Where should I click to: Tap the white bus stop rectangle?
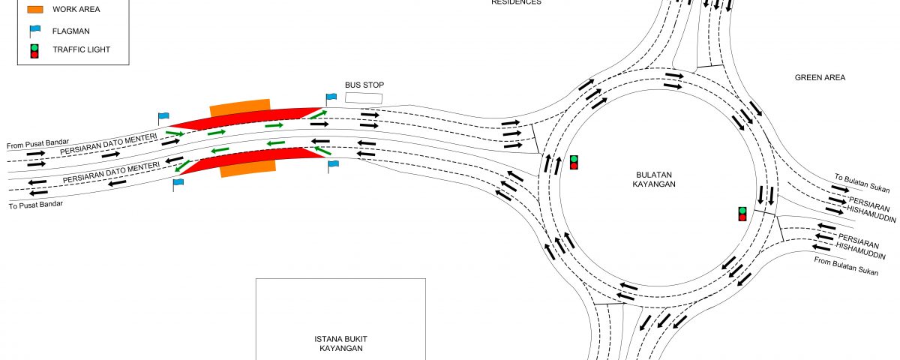[x=363, y=98]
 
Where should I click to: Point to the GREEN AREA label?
[x=820, y=77]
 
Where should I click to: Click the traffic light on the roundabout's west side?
[x=574, y=162]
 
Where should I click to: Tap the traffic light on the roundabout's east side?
[x=742, y=214]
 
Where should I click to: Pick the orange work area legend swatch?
[x=35, y=10]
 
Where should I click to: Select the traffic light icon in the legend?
[x=34, y=51]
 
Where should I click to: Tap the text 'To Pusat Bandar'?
[x=35, y=204]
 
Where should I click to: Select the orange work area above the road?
[x=239, y=107]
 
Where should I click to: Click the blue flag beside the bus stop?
[x=331, y=97]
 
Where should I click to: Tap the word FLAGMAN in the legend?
[x=71, y=31]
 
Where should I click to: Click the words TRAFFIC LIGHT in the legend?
[x=81, y=50]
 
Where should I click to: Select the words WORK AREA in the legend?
[x=76, y=10]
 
